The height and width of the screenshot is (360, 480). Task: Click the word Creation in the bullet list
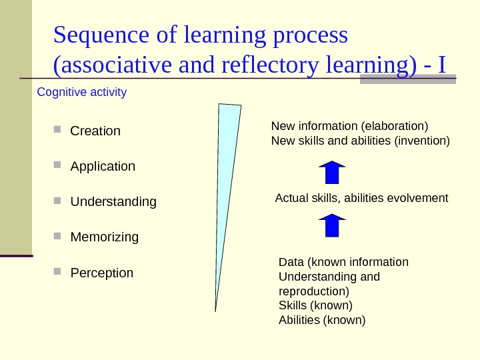pos(95,131)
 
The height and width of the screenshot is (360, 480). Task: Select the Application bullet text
pos(103,167)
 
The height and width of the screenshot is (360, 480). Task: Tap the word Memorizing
pos(105,237)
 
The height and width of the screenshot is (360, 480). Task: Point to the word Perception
pos(102,273)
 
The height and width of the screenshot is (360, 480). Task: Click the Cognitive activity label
pos(81,92)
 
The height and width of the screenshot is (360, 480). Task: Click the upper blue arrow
pos(332,172)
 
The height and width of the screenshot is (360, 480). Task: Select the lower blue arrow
pos(332,225)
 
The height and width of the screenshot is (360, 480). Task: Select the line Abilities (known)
pos(322,320)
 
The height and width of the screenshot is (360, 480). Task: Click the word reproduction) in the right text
pos(313,291)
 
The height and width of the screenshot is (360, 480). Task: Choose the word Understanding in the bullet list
pos(113,202)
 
